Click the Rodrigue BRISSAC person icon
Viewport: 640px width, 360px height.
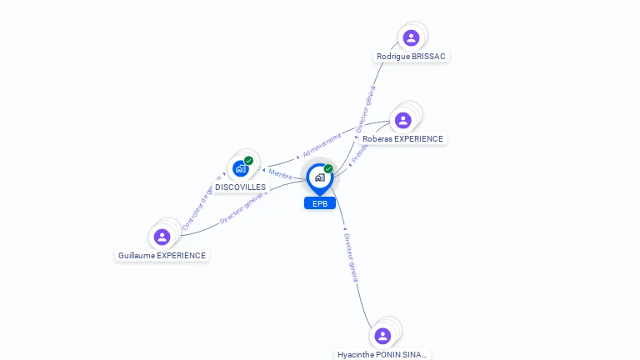tap(411, 37)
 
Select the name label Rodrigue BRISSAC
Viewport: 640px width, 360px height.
tap(411, 57)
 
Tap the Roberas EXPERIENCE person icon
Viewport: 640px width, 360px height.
tap(403, 121)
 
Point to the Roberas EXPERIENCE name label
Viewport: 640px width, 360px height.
tap(403, 139)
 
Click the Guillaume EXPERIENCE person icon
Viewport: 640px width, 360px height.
tap(162, 237)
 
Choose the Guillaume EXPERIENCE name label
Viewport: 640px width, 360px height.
tap(162, 256)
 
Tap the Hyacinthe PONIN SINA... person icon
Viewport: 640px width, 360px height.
tap(382, 336)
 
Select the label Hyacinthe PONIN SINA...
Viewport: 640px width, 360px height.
tap(382, 354)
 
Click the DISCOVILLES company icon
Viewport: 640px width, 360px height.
tap(240, 168)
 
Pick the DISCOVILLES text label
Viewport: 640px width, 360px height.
tap(240, 187)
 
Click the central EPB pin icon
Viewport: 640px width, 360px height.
tap(319, 177)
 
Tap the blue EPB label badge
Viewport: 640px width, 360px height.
tap(319, 203)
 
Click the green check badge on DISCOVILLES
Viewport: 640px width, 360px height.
tap(248, 161)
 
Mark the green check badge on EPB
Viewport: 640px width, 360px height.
tap(328, 169)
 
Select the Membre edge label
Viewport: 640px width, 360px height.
tap(280, 174)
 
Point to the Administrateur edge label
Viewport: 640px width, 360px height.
tap(322, 144)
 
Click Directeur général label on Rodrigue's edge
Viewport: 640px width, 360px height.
tap(365, 108)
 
